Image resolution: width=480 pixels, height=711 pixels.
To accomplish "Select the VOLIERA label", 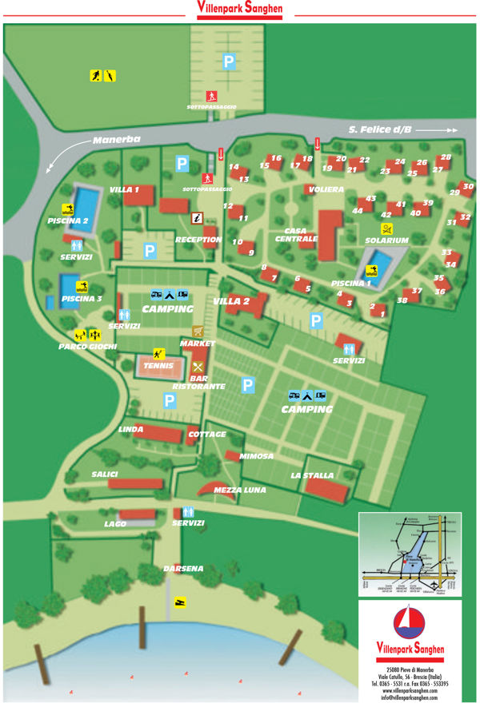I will point(324,189).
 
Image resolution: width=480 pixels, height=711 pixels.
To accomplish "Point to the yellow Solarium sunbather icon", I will point(386,228).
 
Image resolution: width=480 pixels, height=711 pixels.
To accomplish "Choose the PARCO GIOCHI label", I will point(87,347).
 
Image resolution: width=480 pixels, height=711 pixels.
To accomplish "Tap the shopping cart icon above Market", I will point(198,332).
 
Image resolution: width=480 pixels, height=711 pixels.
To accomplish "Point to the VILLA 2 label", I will point(231,301).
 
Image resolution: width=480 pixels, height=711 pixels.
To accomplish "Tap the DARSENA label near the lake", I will point(183,568).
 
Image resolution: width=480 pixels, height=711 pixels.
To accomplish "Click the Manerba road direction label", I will point(110,140).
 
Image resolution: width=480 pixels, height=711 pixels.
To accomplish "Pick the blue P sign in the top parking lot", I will point(230,60).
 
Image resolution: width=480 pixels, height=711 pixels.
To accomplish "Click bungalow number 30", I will point(469,187).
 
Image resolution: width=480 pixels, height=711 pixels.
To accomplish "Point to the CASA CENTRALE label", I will point(296,232).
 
